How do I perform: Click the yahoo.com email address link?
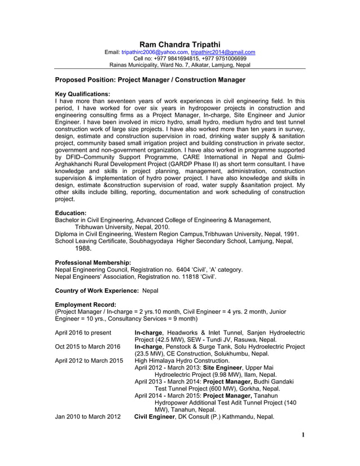pyautogui.click(x=149, y=52)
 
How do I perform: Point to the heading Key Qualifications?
pyautogui.click(x=82, y=94)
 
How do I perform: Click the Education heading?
pyautogui.click(x=71, y=213)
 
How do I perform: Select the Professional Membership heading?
pyautogui.click(x=93, y=262)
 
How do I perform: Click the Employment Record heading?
pyautogui.click(x=85, y=305)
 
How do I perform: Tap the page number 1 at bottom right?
pyautogui.click(x=303, y=451)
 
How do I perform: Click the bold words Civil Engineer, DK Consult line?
pyautogui.click(x=154, y=417)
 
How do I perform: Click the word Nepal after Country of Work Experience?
pyautogui.click(x=150, y=291)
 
